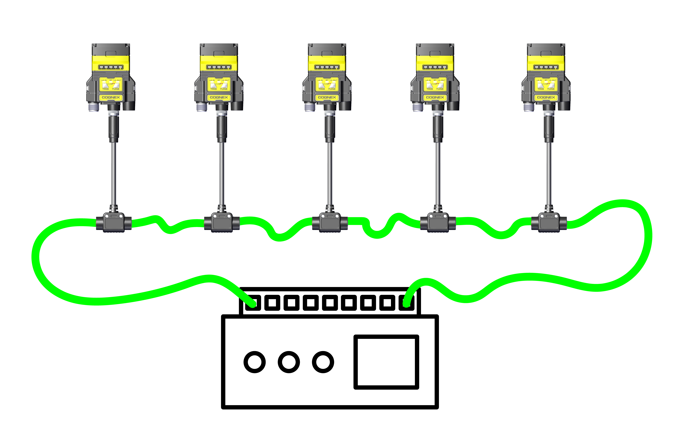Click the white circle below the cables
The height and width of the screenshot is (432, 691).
coord(323,362)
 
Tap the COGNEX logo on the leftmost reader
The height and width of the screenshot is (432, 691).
coord(111,97)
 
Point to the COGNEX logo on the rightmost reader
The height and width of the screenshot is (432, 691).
coord(546,97)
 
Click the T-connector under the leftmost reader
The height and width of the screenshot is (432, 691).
coord(114,222)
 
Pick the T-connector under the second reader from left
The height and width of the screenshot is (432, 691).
coord(222,222)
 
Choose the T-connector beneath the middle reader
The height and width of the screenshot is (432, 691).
coord(330,222)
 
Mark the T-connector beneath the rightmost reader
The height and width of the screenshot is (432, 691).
coord(549,222)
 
